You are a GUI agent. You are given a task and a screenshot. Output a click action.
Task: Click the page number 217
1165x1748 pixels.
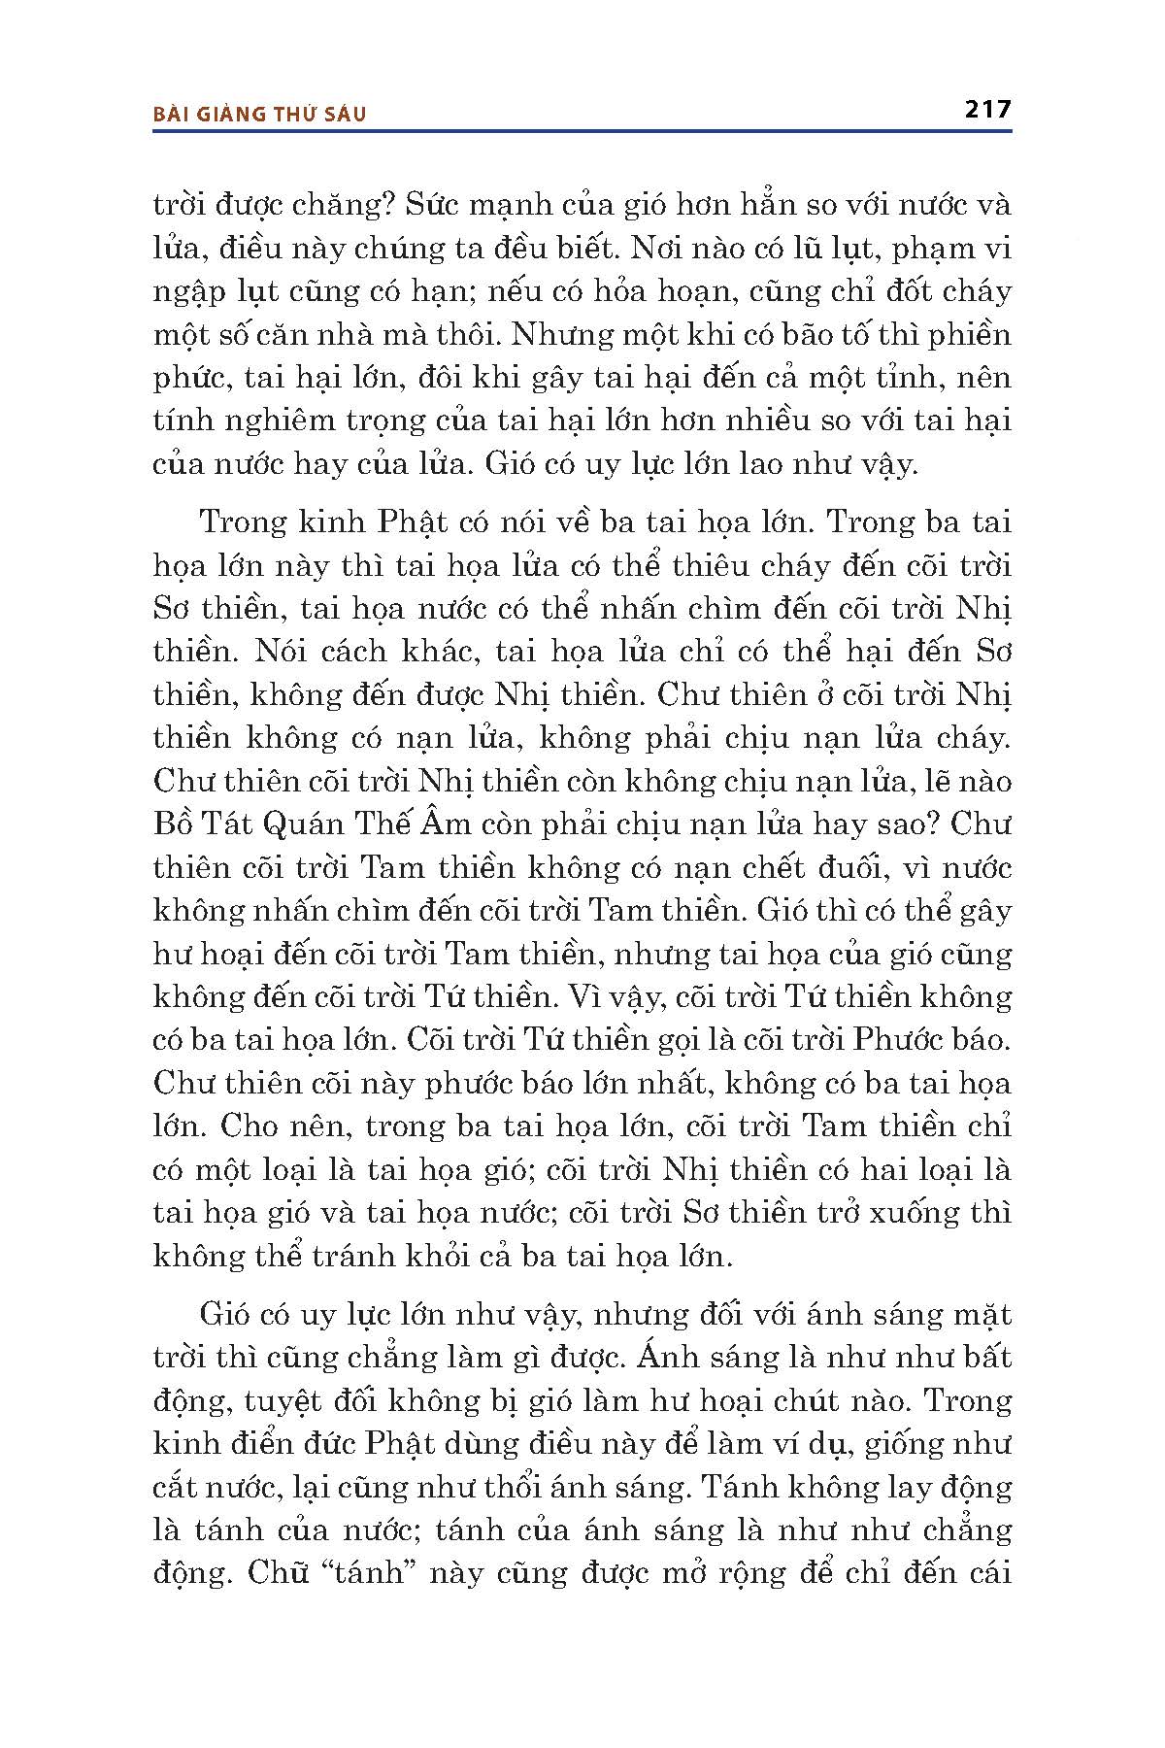pyautogui.click(x=988, y=109)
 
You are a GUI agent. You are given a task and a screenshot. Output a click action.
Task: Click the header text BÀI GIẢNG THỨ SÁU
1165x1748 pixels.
pyautogui.click(x=260, y=114)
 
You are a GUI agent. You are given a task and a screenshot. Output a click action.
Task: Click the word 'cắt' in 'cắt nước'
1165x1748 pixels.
pyautogui.click(x=184, y=1487)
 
